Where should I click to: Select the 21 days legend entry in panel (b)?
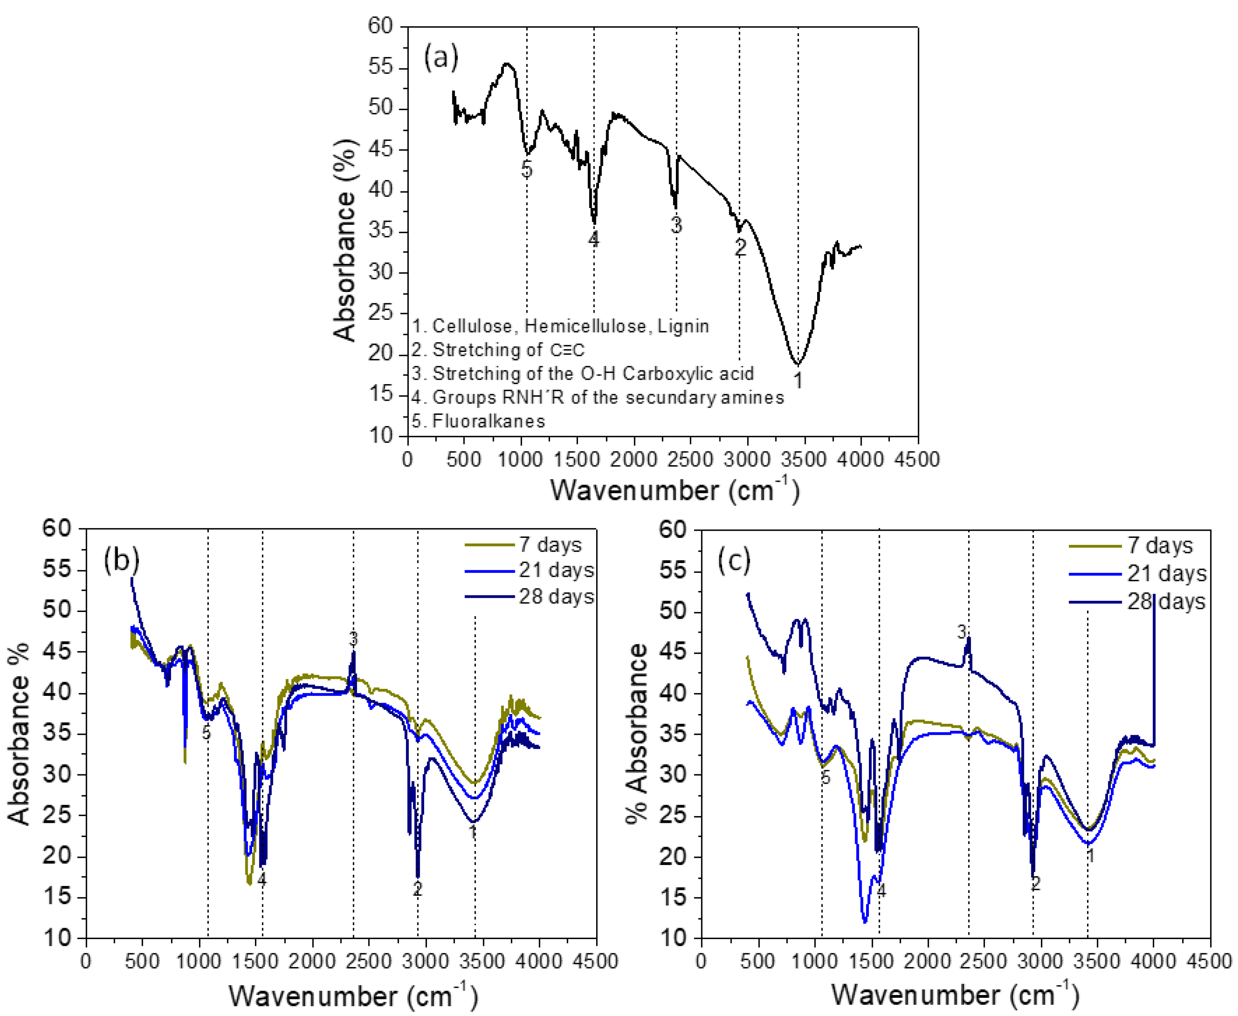pos(556,570)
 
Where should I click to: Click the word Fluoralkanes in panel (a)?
pos(488,421)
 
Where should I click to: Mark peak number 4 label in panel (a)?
pos(593,239)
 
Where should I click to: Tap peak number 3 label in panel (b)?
pos(353,638)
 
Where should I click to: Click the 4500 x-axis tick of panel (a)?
pos(917,459)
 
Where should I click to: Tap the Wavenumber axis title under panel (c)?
pos(955,995)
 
